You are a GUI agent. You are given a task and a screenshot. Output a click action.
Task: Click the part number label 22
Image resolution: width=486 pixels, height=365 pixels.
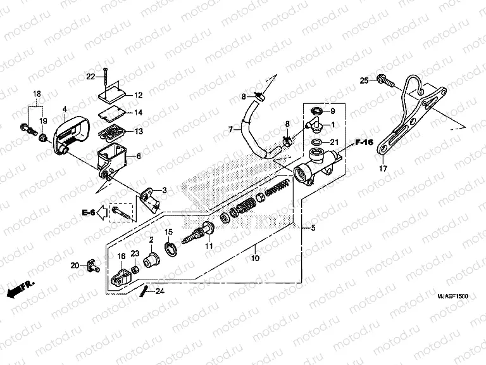[x=91, y=77]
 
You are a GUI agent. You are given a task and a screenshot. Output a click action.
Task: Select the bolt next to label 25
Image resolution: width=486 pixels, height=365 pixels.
[x=383, y=80]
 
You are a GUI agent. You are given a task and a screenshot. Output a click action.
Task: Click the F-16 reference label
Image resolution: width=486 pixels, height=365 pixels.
[x=363, y=143]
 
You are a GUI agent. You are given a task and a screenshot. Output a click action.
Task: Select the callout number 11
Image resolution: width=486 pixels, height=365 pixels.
[x=209, y=246]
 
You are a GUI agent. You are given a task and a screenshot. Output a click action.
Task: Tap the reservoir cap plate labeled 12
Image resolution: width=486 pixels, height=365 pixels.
[x=113, y=94]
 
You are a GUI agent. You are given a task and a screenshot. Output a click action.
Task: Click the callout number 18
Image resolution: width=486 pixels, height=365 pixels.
[x=37, y=93]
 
